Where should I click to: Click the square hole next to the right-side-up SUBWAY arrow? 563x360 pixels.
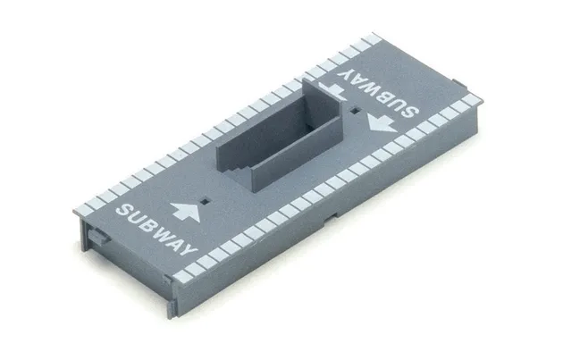pyautogui.click(x=207, y=201)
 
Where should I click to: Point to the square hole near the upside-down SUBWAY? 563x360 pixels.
pyautogui.click(x=356, y=112)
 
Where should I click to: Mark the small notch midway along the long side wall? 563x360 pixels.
pyautogui.click(x=335, y=213)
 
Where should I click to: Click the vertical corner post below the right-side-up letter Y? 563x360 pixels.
pyautogui.click(x=170, y=286)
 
